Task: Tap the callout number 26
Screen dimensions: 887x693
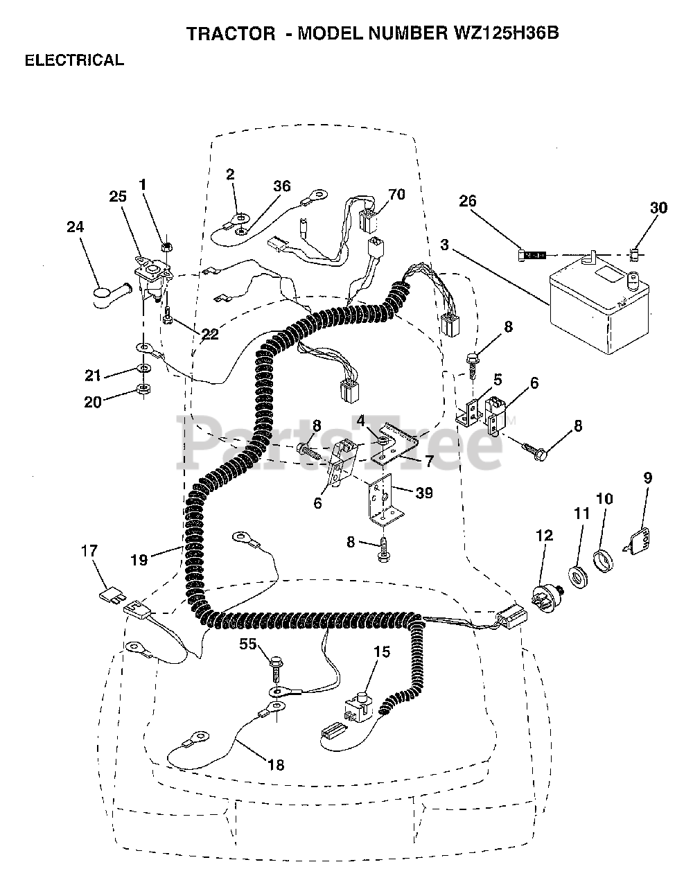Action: coord(468,202)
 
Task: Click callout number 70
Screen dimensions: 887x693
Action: coord(396,195)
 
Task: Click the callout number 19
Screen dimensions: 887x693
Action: coord(139,559)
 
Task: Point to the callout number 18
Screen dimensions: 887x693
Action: coord(276,764)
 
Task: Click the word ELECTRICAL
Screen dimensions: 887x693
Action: coord(74,60)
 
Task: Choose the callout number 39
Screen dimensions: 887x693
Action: coord(424,493)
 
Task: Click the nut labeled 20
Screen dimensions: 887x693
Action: coord(142,390)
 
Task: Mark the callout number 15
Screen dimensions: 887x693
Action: coord(381,651)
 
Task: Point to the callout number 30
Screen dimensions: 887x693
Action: coord(658,207)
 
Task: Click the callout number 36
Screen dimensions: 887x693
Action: coord(282,186)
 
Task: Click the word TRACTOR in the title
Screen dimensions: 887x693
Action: coord(231,34)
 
